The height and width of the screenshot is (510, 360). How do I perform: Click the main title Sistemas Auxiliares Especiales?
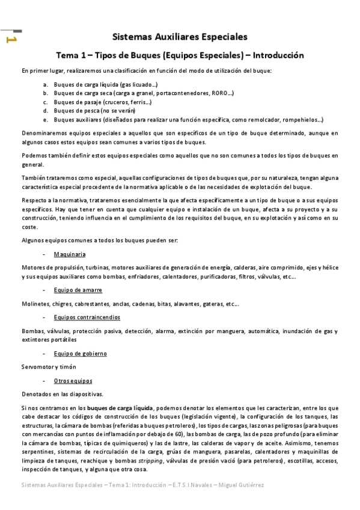tap(180, 37)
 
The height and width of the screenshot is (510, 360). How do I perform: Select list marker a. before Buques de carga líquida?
tap(46, 85)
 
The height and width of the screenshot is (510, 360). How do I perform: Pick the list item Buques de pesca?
tap(86, 111)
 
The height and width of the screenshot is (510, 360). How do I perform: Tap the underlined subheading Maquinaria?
tap(70, 254)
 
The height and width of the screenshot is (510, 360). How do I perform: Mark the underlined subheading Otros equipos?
tap(73, 381)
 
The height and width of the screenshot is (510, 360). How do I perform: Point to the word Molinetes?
tap(34, 304)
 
